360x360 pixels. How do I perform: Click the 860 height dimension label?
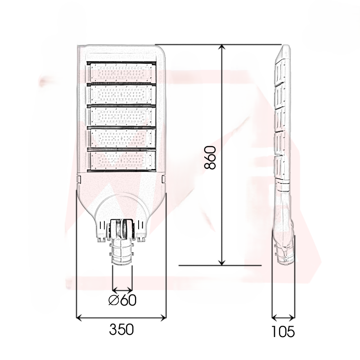[x=210, y=157]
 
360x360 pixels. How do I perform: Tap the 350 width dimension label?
[x=121, y=330]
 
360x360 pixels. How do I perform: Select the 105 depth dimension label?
[x=283, y=332]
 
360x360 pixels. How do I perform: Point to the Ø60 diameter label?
[x=122, y=300]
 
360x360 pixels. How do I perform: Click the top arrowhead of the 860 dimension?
[x=222, y=48]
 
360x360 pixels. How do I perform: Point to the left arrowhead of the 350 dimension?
[x=79, y=318]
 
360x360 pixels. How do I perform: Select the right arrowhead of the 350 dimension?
[x=164, y=318]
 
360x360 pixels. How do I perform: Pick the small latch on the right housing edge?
[x=164, y=179]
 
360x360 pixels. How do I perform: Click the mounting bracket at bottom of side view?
[x=285, y=252]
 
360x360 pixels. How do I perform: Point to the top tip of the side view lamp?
[x=284, y=46]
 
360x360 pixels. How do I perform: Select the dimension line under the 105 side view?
[x=283, y=318]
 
